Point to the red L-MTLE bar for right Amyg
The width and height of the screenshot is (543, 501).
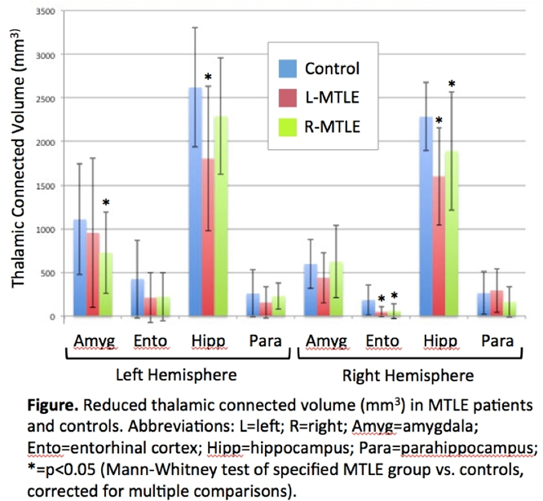click(x=324, y=297)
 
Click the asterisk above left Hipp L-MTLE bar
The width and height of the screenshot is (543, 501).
click(x=209, y=78)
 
